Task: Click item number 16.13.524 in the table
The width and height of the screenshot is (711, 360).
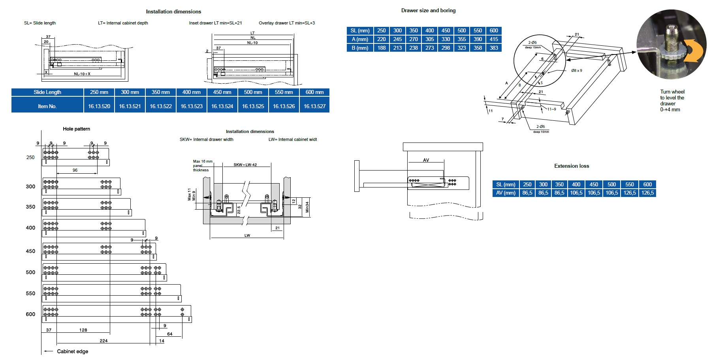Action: click(x=222, y=106)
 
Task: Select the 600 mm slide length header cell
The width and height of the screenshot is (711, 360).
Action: click(x=314, y=92)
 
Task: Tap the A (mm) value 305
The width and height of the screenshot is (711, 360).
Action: click(x=429, y=39)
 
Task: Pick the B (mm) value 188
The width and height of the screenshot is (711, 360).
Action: click(x=381, y=48)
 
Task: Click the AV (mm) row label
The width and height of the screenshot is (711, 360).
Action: click(x=506, y=193)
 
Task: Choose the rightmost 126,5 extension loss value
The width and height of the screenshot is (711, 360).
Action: click(x=647, y=193)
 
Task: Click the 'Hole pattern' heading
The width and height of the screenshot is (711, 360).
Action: click(x=76, y=129)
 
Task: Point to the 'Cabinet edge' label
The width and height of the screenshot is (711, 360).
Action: click(x=73, y=351)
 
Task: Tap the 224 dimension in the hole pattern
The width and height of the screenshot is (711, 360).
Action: click(x=103, y=341)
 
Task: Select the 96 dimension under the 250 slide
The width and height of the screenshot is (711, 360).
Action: click(x=75, y=170)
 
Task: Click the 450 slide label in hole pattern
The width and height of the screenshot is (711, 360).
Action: click(x=30, y=251)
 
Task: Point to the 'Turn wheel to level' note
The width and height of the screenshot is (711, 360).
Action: click(x=672, y=101)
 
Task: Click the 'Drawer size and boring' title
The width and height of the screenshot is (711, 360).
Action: click(x=428, y=11)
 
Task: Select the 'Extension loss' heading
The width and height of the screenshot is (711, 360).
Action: click(x=571, y=166)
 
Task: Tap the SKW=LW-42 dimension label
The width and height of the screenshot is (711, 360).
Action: click(x=245, y=165)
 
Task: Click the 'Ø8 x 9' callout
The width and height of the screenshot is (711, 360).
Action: click(x=576, y=71)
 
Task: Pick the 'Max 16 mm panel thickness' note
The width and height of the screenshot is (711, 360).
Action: click(x=202, y=166)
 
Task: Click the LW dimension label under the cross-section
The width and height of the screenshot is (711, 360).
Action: click(x=247, y=236)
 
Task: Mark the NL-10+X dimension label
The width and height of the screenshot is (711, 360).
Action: click(x=82, y=74)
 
